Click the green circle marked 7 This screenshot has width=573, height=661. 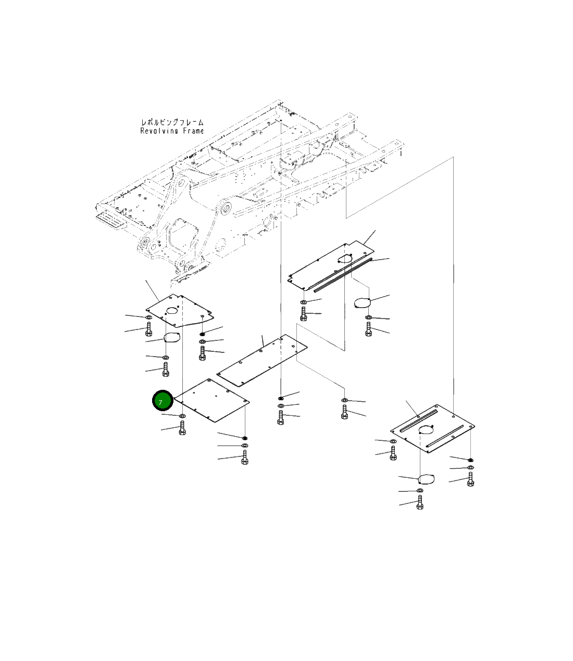coord(162,401)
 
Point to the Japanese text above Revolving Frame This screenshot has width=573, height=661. coord(172,122)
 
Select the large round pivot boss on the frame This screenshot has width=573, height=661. coord(226,210)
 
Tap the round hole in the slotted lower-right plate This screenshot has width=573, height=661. coord(425,429)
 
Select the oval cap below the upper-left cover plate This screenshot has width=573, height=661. coord(172,338)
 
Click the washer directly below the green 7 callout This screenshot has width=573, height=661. coord(183,416)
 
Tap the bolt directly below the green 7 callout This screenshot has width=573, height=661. coord(182,428)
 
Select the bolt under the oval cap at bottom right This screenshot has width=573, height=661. coord(420,502)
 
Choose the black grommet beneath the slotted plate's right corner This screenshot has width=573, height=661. coord(470,460)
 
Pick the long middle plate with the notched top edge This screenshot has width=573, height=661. coord(262,360)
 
